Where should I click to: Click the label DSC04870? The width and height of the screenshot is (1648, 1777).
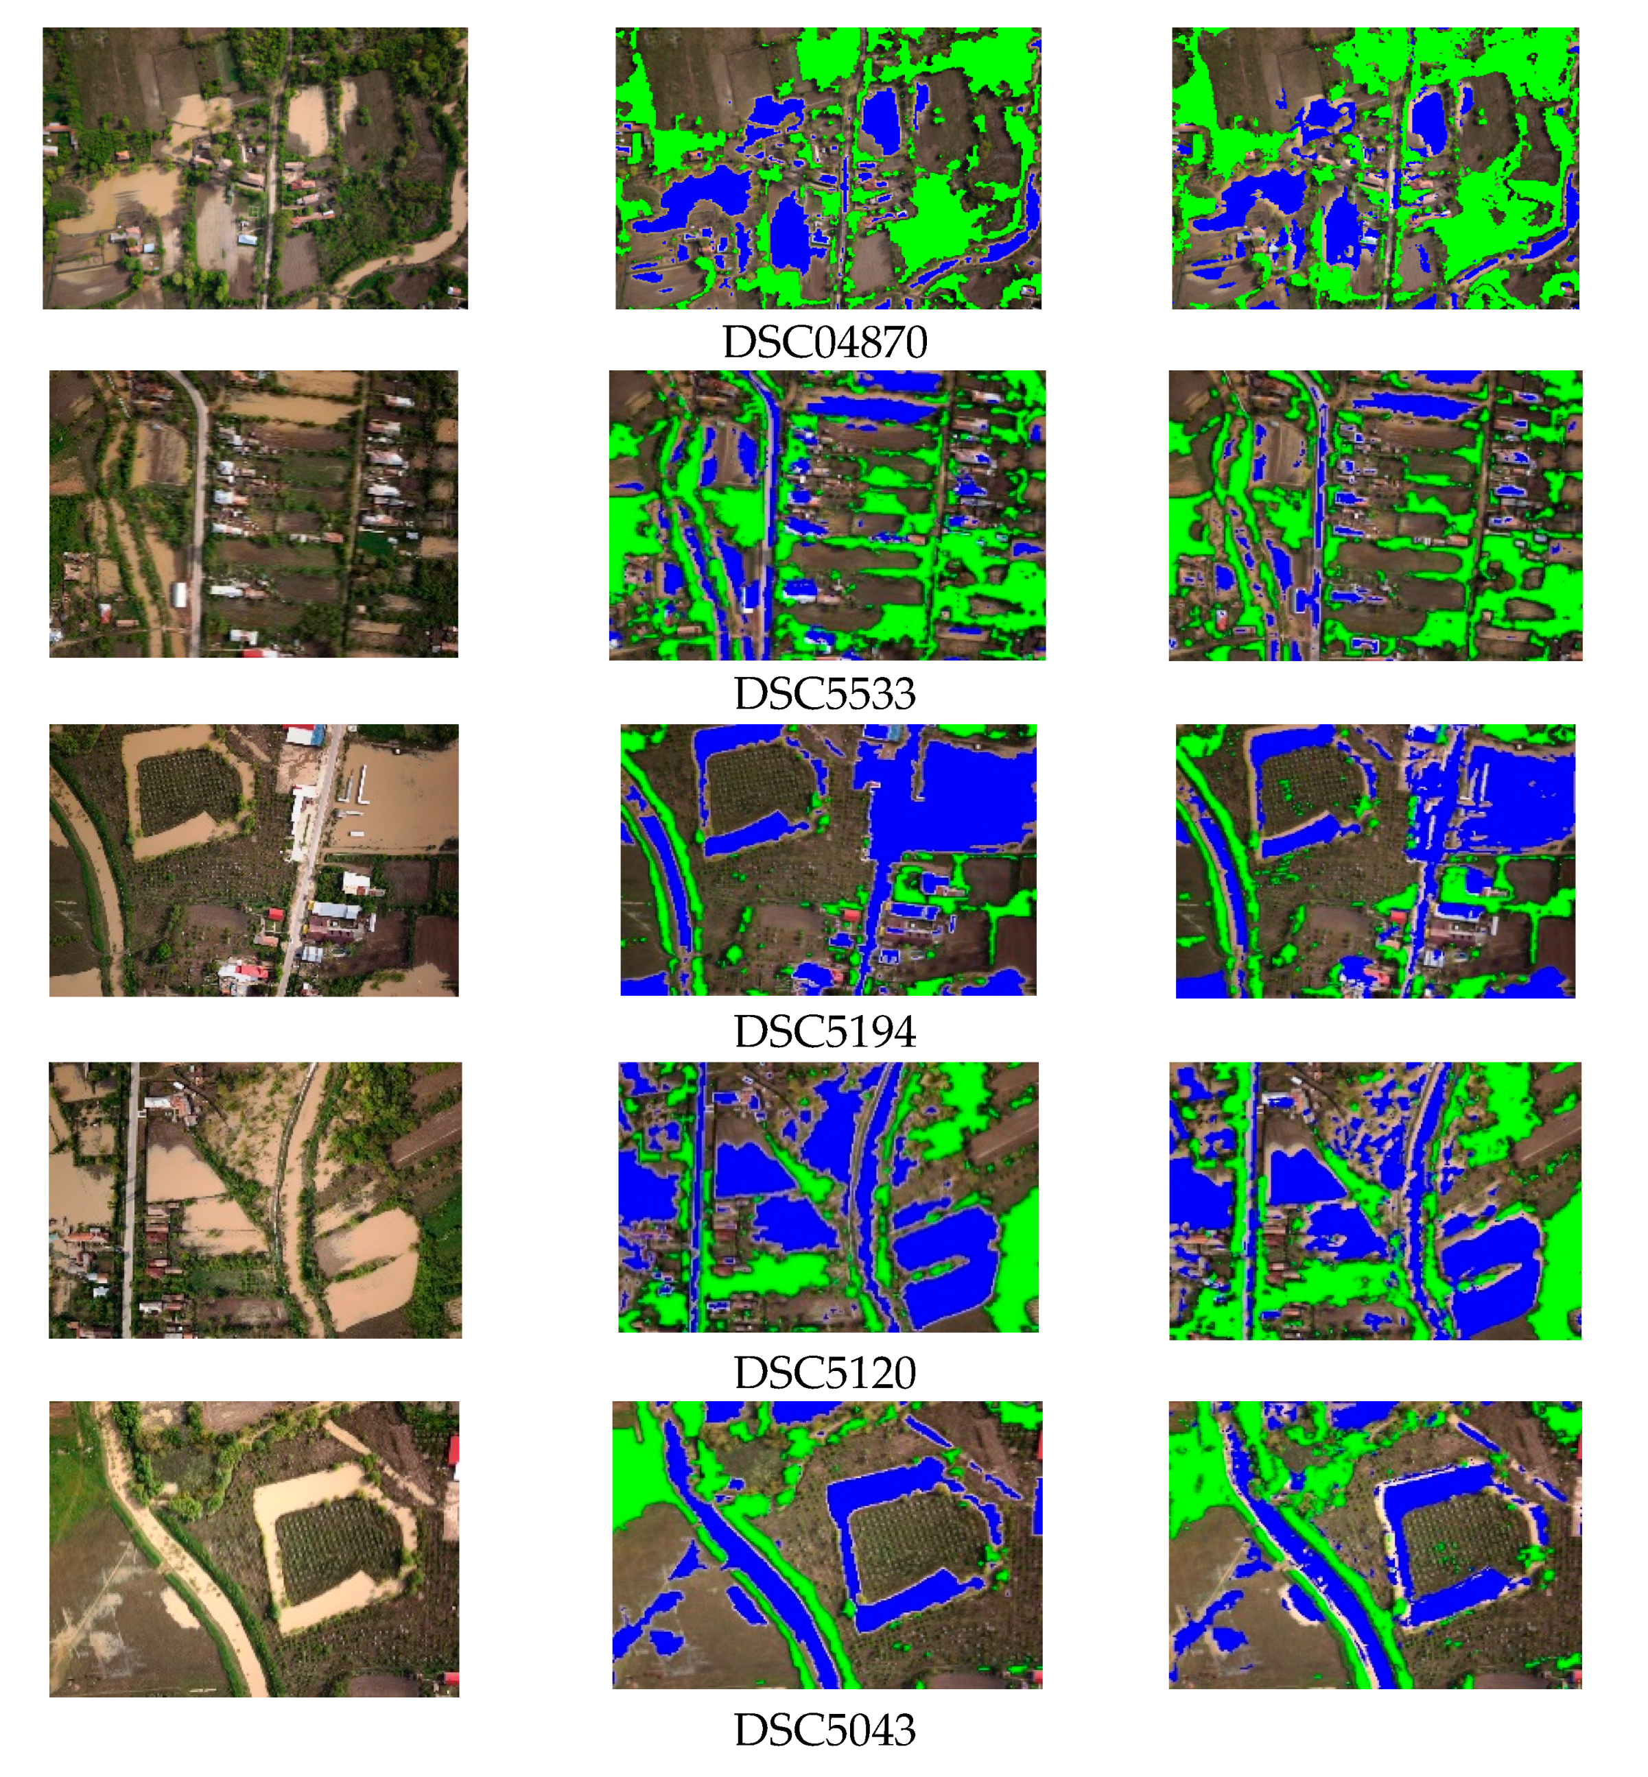[825, 342]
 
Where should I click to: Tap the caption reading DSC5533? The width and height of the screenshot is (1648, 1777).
[825, 693]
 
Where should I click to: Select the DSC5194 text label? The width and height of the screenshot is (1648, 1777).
[825, 1031]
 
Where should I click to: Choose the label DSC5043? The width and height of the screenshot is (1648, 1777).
[825, 1730]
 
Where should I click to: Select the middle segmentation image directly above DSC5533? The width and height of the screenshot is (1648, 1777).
[827, 515]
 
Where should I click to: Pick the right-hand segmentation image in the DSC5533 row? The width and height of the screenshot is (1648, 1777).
[1375, 515]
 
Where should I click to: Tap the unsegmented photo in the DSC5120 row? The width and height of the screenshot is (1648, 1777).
[255, 1200]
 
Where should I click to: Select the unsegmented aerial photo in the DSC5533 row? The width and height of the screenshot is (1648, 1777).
[253, 514]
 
